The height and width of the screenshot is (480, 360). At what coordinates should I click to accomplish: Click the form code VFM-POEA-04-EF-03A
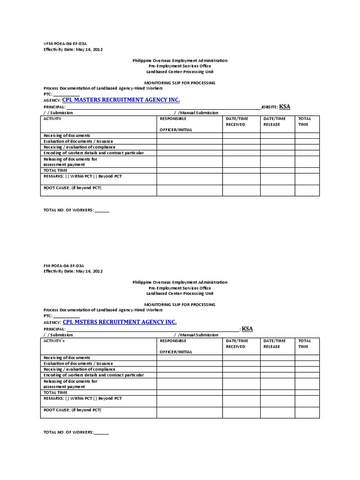[x=65, y=43]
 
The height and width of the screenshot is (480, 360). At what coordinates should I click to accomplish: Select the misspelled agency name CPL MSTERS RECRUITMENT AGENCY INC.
[x=120, y=322]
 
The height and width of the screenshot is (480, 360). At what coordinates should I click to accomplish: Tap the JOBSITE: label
[x=269, y=107]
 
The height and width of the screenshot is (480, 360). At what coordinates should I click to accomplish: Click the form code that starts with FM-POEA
[x=64, y=265]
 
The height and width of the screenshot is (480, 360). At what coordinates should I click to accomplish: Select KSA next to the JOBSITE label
[x=285, y=107]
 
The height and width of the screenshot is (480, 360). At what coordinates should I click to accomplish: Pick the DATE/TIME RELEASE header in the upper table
[x=274, y=121]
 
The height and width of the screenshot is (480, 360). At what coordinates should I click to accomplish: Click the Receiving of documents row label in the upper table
[x=67, y=135]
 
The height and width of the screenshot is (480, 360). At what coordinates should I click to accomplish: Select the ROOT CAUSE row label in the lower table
[x=72, y=410]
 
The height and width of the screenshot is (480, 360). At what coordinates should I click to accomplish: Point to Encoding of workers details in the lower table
[x=93, y=375]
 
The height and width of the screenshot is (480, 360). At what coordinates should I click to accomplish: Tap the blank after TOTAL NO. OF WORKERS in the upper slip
[x=102, y=210]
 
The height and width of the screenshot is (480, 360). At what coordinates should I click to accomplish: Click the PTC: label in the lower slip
[x=48, y=316]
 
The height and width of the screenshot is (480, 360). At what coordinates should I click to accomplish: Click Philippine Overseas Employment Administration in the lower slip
[x=180, y=282]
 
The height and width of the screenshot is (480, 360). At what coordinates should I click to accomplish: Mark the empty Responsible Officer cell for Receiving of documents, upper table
[x=189, y=135]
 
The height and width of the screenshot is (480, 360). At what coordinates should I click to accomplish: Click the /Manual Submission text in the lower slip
[x=196, y=335]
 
